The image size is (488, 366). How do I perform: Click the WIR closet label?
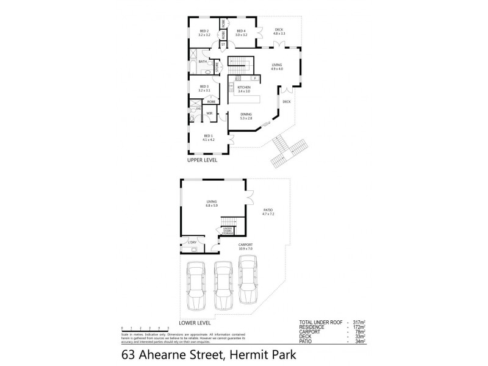click(209, 113)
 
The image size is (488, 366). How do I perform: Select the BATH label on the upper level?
click(203, 61)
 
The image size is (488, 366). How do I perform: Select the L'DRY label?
click(192, 243)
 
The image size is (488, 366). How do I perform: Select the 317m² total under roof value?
click(358, 322)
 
